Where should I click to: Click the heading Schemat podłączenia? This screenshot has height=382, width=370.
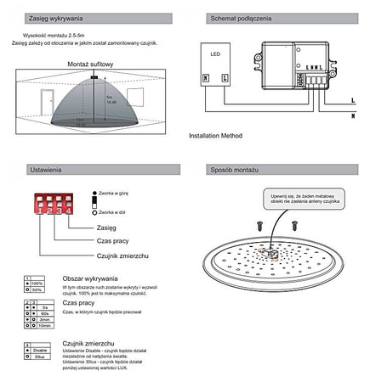241,18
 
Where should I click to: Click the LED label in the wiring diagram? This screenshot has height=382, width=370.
214,56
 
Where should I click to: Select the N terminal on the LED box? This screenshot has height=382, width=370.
205,78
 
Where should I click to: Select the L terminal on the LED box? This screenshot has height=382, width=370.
224,78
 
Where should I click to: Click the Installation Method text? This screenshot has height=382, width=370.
215,134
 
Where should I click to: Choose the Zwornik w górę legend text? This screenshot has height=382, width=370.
118,194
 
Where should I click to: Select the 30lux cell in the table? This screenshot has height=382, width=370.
38,357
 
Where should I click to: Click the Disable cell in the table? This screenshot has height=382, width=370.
39,351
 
